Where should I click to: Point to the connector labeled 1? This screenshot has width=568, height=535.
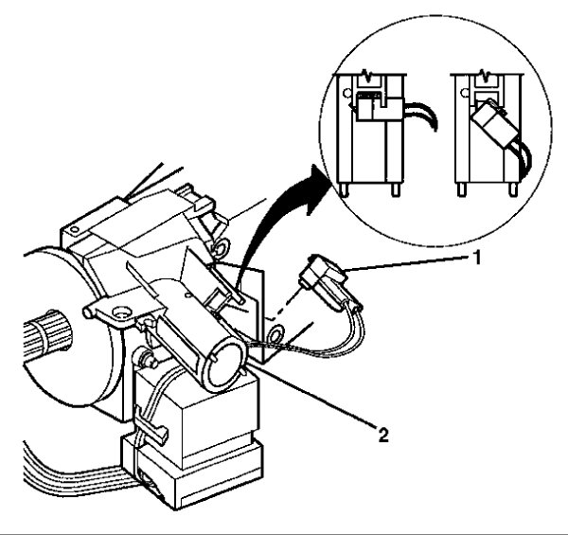pos(323,285)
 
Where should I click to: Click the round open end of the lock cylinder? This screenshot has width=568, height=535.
pos(225,362)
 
